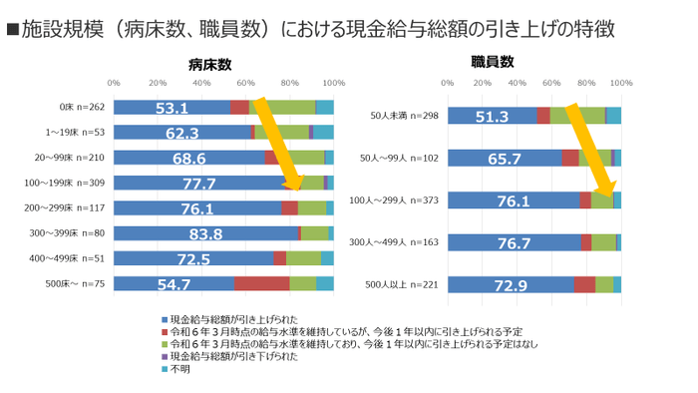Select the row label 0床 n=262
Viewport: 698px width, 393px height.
click(81, 108)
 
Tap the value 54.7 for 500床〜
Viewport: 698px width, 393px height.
click(173, 284)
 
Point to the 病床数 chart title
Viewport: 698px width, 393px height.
click(209, 64)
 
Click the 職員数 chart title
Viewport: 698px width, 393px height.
click(493, 62)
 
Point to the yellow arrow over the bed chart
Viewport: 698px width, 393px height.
click(280, 143)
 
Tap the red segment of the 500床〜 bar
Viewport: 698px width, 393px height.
click(261, 284)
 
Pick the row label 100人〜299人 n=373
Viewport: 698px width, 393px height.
click(396, 200)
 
